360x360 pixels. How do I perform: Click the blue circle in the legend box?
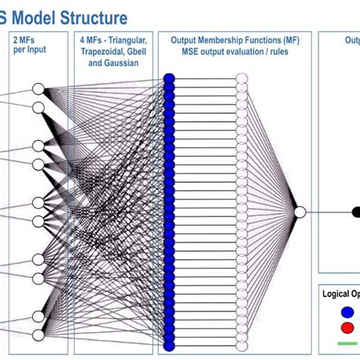click(x=347, y=311)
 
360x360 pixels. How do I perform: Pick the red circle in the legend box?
click(x=347, y=327)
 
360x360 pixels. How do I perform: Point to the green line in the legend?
click(x=349, y=343)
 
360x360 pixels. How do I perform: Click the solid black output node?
click(x=355, y=212)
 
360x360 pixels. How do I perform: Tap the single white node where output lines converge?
click(x=299, y=212)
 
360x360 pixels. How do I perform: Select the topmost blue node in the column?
click(x=169, y=78)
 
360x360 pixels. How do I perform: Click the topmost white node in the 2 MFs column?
click(x=39, y=90)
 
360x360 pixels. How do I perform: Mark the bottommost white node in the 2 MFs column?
click(x=39, y=334)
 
